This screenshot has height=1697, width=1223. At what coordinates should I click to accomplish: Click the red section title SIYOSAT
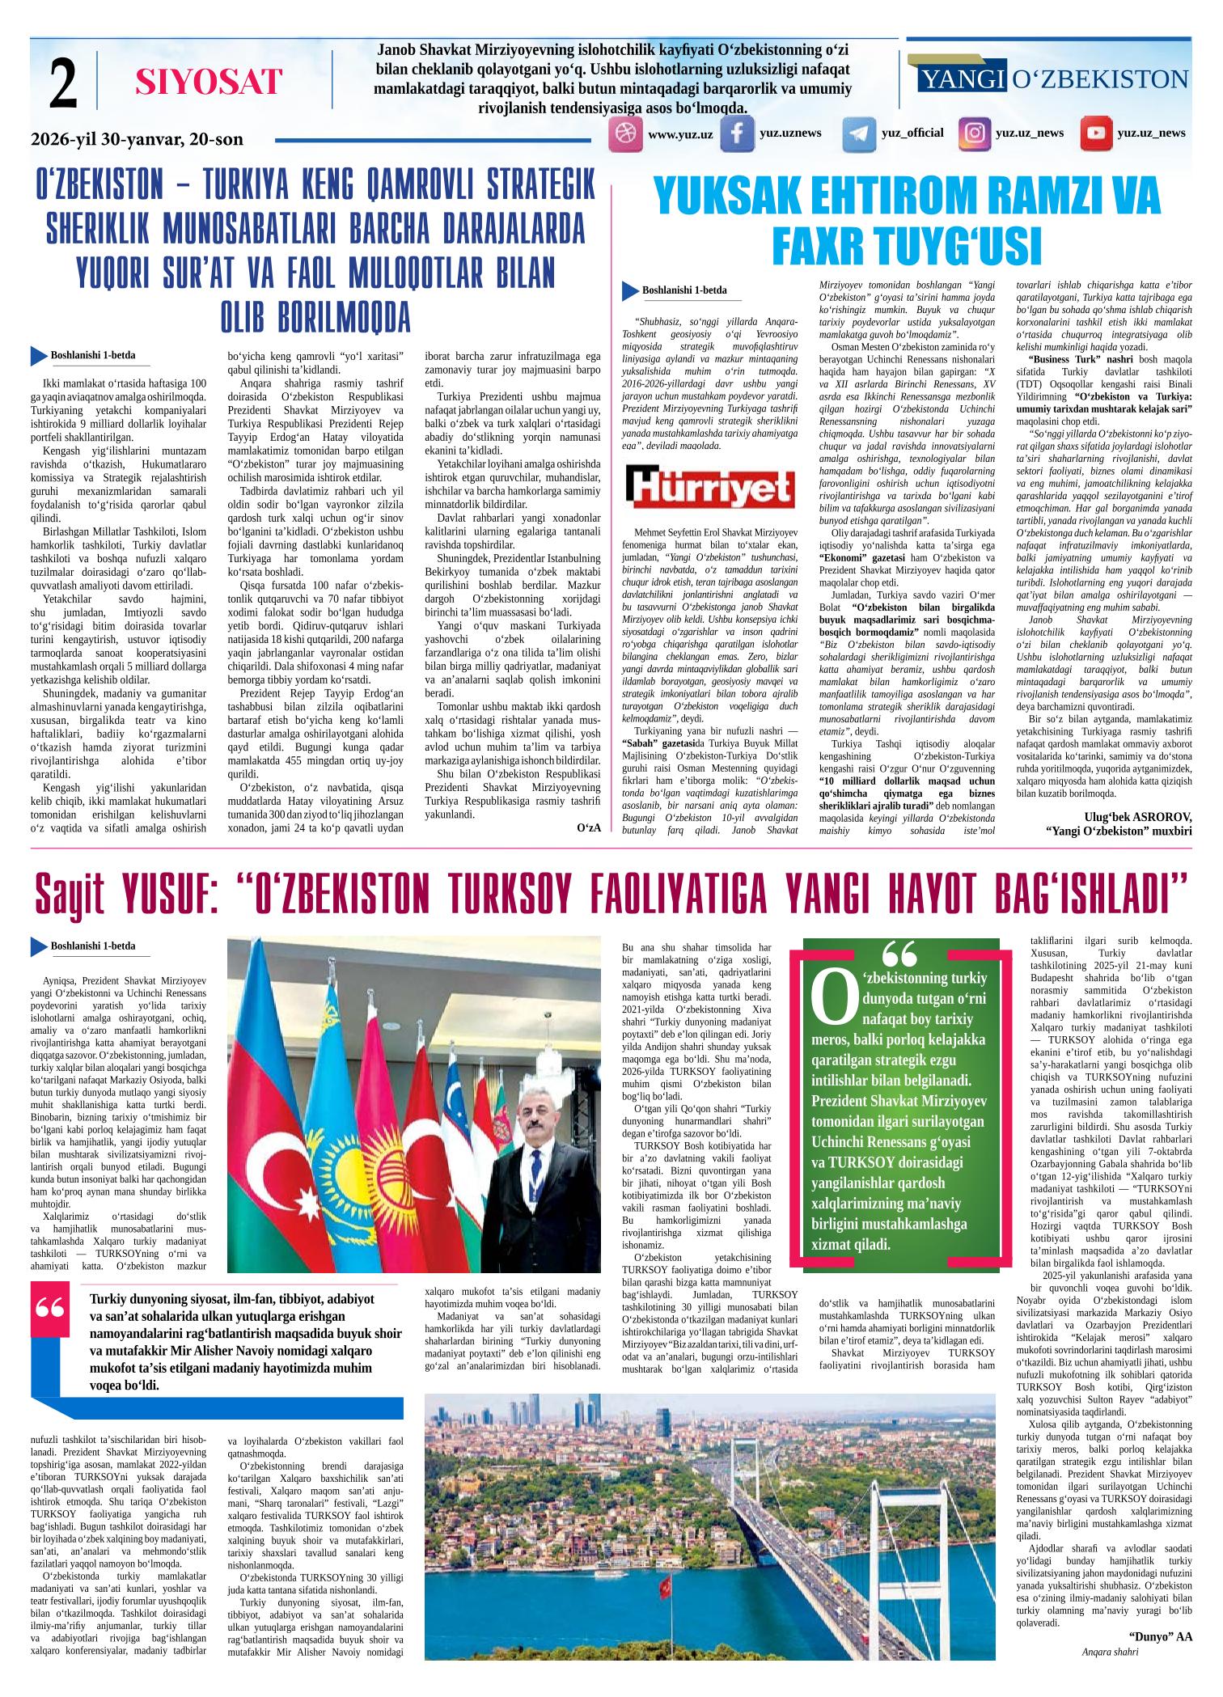point(209,82)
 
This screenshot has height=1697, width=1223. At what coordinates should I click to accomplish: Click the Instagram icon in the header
point(975,134)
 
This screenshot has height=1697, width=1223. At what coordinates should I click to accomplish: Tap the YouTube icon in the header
point(1097,134)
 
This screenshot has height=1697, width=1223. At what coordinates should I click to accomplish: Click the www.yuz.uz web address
point(680,134)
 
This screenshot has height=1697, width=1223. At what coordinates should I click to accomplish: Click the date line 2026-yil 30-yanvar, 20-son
point(137,139)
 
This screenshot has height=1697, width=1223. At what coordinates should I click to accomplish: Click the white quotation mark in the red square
point(53,1309)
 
